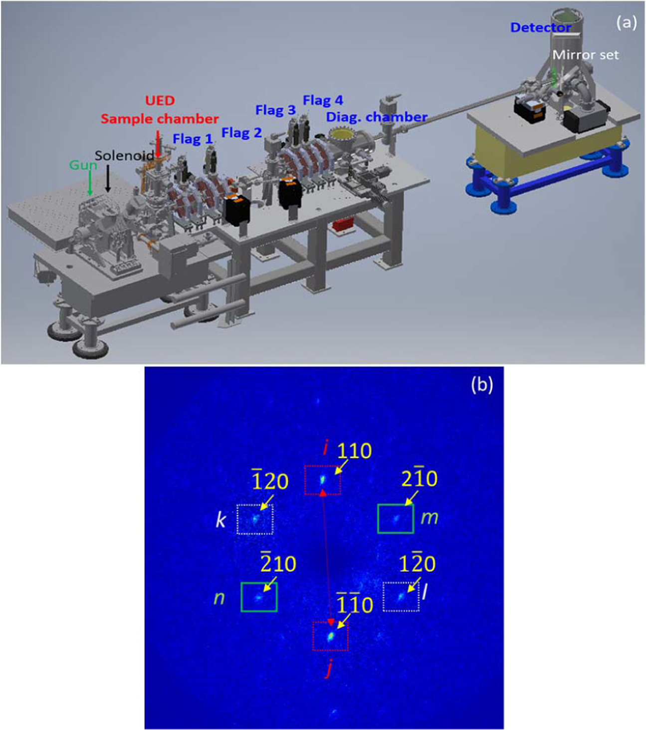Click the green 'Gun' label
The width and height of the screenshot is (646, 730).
[x=83, y=165]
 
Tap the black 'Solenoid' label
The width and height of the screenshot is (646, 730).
[x=124, y=156]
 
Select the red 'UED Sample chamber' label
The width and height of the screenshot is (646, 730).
[x=160, y=110]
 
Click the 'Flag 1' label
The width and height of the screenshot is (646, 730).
[x=193, y=139]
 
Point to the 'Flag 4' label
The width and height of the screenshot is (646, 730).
[x=323, y=100]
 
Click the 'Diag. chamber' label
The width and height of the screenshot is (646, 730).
[x=377, y=117]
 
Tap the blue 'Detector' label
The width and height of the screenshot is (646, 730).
[x=540, y=27]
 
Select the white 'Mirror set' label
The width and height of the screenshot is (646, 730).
[x=585, y=55]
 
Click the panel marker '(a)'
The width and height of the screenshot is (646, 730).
[x=626, y=22]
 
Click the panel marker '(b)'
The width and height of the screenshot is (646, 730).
[x=482, y=385]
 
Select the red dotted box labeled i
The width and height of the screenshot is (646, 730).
[x=322, y=480]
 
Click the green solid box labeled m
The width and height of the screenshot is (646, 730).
[x=396, y=519]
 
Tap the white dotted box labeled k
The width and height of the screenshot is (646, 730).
[x=255, y=519]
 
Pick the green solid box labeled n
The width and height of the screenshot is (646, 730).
[x=259, y=597]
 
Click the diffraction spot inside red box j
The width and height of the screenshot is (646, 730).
[x=330, y=637]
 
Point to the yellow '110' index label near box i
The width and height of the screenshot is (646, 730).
[x=354, y=451]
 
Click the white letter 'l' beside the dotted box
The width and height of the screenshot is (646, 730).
[x=425, y=592]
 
